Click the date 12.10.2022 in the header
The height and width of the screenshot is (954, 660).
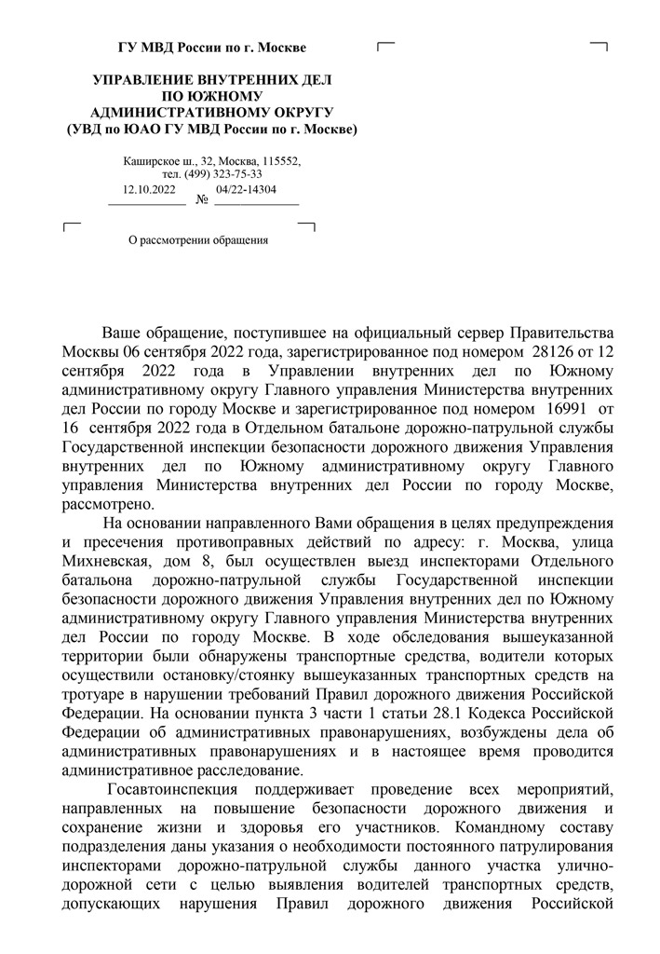coord(149,189)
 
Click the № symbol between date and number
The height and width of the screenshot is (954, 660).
coord(202,199)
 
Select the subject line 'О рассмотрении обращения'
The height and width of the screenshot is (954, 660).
coord(198,240)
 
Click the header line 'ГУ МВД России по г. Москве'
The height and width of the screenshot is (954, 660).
coord(211,48)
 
